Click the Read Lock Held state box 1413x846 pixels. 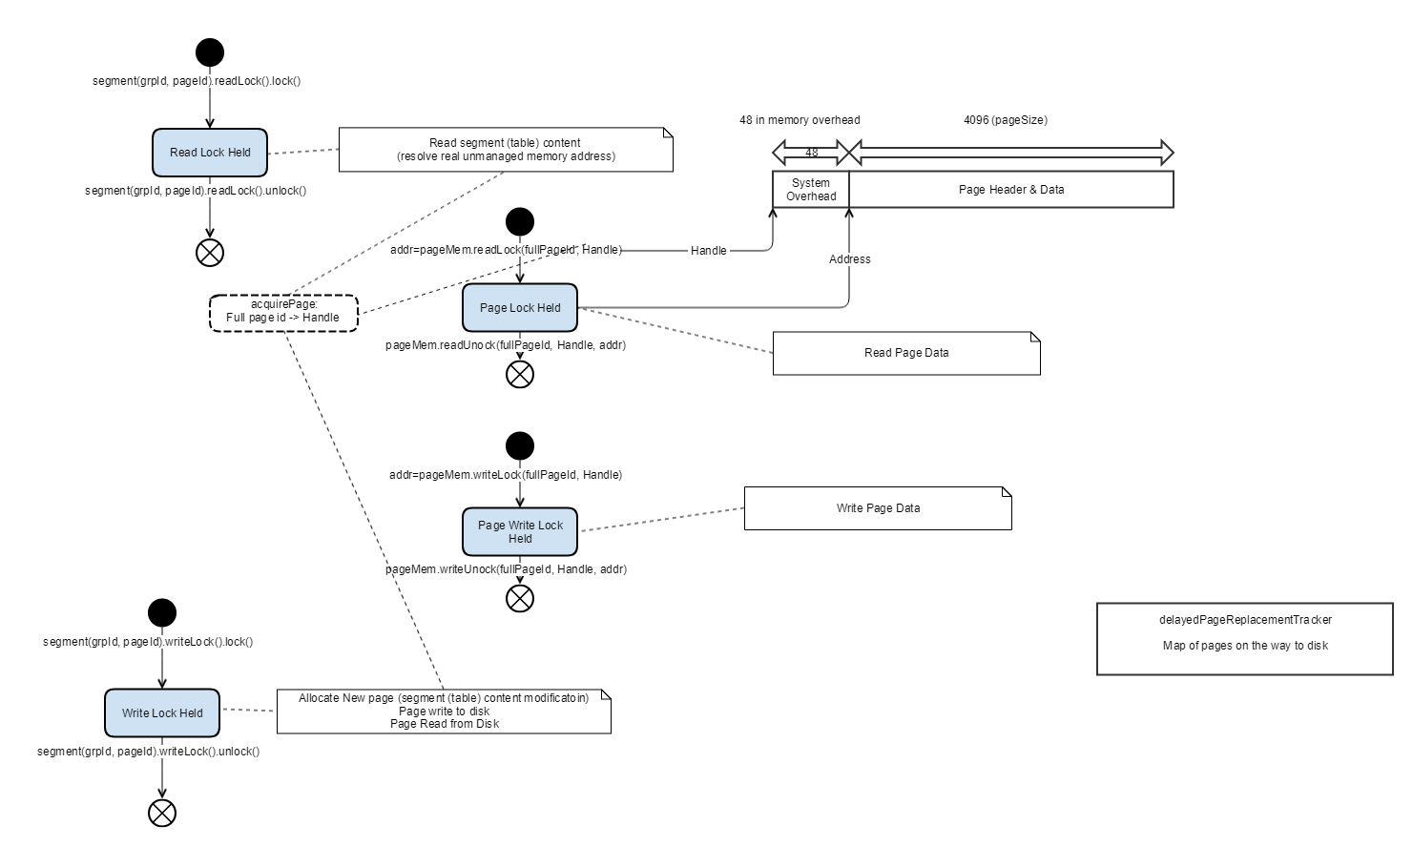[x=210, y=153]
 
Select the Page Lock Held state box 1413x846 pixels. [x=520, y=308]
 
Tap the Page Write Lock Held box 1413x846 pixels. [x=520, y=531]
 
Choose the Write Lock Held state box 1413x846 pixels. [x=162, y=713]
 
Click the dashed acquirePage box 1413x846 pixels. [x=283, y=313]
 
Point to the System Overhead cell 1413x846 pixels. [x=811, y=189]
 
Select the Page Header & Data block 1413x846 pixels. [x=1011, y=189]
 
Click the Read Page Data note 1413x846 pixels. [x=906, y=353]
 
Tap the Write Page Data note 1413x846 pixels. [x=878, y=508]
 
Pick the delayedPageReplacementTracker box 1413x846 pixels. [x=1244, y=639]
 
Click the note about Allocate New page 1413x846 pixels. [x=444, y=712]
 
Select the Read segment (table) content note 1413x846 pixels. [x=506, y=150]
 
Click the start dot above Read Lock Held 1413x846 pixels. [x=210, y=52]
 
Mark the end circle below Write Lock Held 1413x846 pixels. [x=162, y=813]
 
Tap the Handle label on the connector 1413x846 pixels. [x=708, y=251]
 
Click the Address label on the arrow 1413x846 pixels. [x=850, y=259]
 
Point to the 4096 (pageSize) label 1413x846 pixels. [x=1006, y=120]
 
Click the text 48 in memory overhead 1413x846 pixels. [x=800, y=120]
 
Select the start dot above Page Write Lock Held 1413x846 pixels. [x=520, y=445]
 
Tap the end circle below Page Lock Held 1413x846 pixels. [x=520, y=375]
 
